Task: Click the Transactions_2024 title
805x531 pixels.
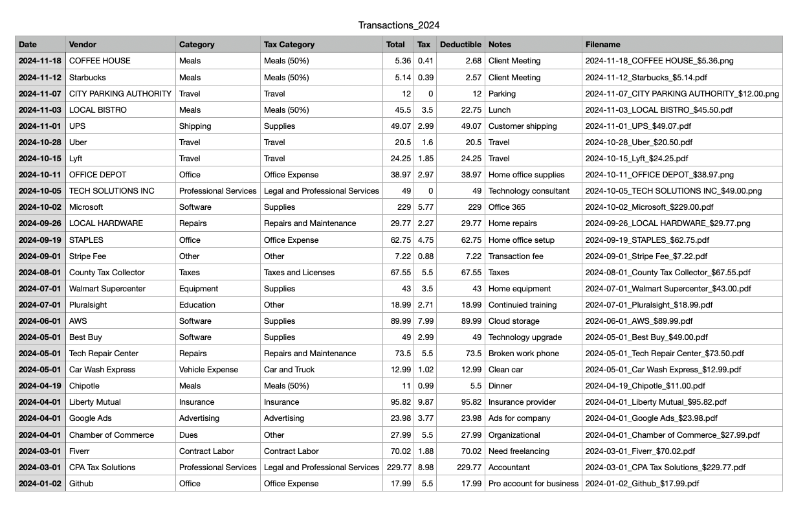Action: (399, 25)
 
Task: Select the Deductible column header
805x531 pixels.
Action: (460, 45)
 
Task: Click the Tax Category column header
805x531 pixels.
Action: (289, 45)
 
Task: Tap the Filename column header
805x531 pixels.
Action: (603, 45)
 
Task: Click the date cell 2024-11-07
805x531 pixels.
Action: (40, 94)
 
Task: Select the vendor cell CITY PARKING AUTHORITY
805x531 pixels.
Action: (120, 94)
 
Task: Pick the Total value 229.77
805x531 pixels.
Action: (398, 468)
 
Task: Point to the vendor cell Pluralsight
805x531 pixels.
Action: (88, 305)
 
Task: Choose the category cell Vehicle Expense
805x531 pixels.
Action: (208, 370)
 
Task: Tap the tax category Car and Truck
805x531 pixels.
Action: (289, 370)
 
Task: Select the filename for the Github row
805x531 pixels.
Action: (642, 484)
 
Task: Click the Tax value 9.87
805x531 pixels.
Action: (425, 402)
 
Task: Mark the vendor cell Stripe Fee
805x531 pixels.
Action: (87, 256)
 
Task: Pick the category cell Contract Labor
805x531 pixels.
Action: (206, 451)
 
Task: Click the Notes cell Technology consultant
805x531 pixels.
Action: (529, 191)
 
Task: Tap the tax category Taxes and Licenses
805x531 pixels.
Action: (299, 273)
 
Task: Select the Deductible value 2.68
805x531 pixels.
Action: (472, 61)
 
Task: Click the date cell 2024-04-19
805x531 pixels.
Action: (40, 386)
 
